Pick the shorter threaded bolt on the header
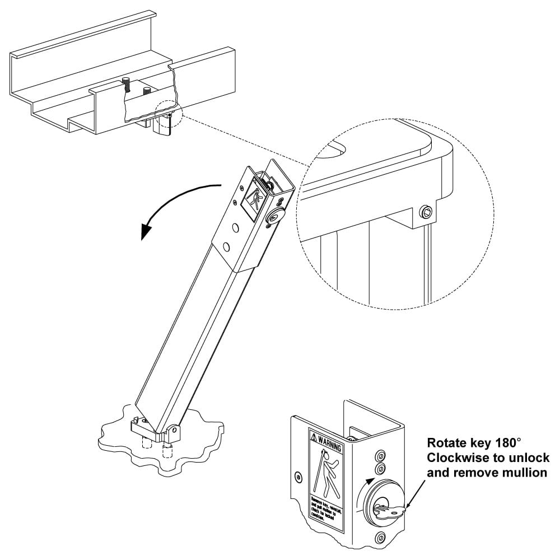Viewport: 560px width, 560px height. click(147, 90)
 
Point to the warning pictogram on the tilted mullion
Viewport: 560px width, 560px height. click(253, 200)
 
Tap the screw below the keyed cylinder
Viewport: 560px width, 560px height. click(380, 539)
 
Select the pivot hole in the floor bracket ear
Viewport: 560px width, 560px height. click(174, 431)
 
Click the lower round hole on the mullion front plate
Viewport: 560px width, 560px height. click(226, 246)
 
